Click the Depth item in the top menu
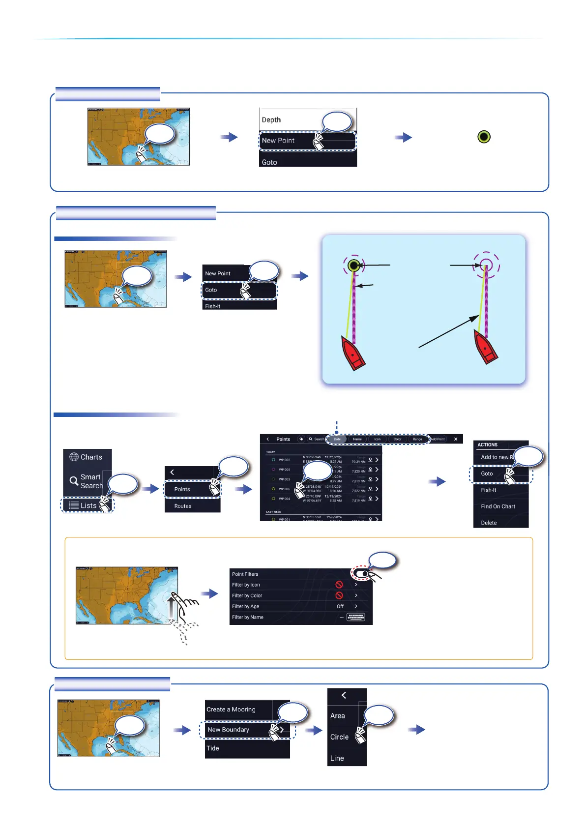pyautogui.click(x=271, y=119)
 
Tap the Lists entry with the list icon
pyautogui.click(x=84, y=505)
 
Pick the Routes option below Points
pyautogui.click(x=183, y=506)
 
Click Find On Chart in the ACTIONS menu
pyautogui.click(x=498, y=506)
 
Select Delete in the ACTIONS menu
pyautogui.click(x=489, y=523)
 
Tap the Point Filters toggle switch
pyautogui.click(x=361, y=574)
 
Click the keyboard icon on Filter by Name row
pyautogui.click(x=355, y=617)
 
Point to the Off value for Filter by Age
pyautogui.click(x=340, y=606)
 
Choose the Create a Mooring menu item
pyautogui.click(x=231, y=710)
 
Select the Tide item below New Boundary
pyautogui.click(x=213, y=748)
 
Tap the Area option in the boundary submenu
pyautogui.click(x=338, y=716)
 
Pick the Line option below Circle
pyautogui.click(x=337, y=758)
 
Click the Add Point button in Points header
pyautogui.click(x=438, y=439)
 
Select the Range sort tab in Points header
pyautogui.click(x=417, y=439)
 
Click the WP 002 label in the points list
pyautogui.click(x=285, y=460)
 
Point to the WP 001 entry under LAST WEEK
pyautogui.click(x=285, y=519)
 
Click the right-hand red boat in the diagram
pyautogui.click(x=486, y=347)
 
